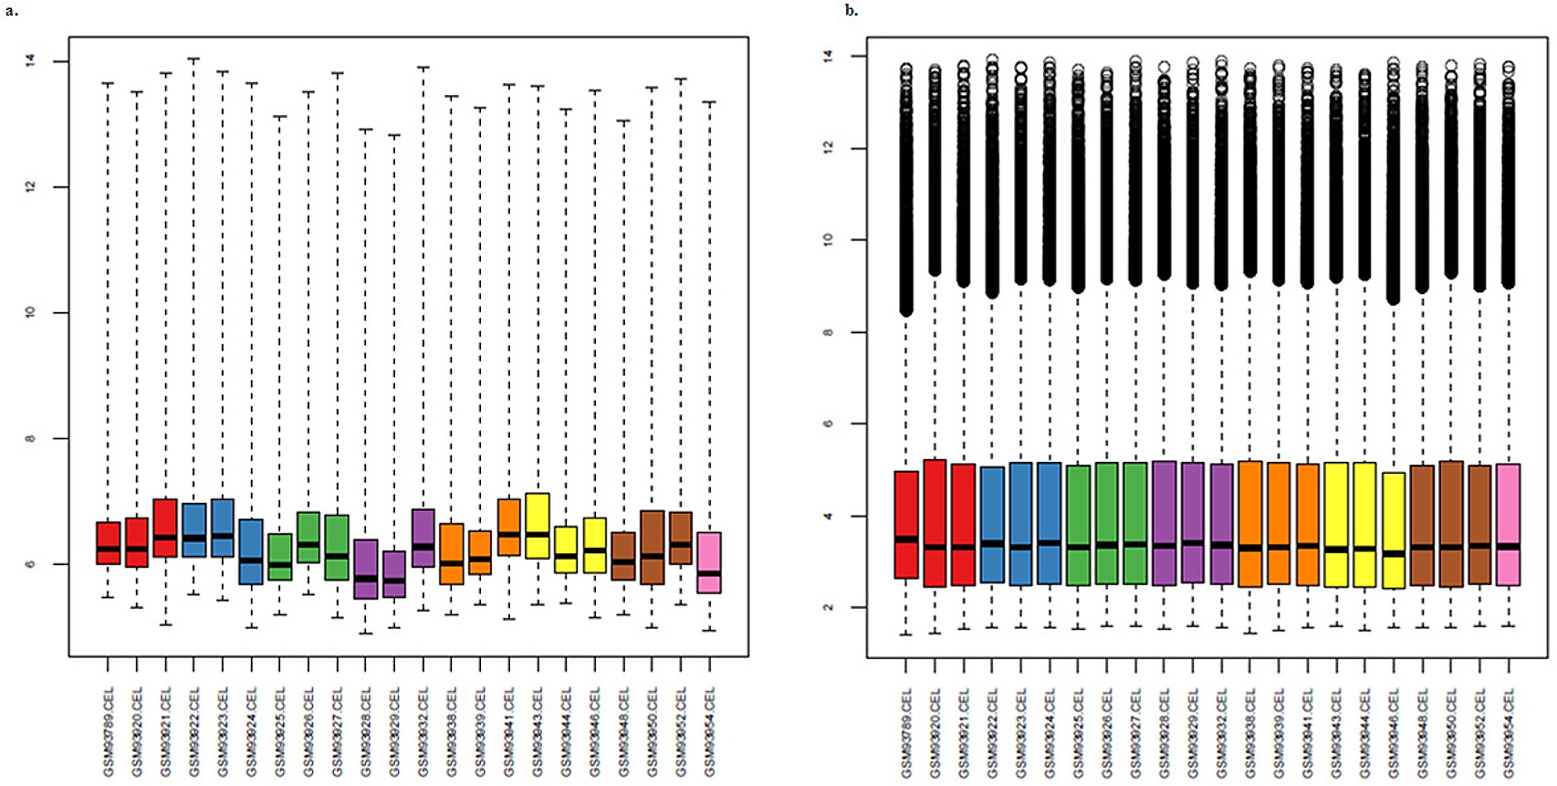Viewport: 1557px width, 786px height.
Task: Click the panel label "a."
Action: point(12,11)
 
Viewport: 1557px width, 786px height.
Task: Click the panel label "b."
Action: point(851,11)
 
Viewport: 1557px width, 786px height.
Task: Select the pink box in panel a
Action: point(709,562)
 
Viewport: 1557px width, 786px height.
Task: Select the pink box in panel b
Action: point(1508,524)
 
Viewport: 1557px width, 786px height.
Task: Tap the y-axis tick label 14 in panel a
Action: point(31,61)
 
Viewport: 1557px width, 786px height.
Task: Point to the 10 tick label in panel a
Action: point(31,312)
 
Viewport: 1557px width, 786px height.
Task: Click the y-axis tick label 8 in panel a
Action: point(31,438)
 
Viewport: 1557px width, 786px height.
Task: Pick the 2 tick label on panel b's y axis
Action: point(828,607)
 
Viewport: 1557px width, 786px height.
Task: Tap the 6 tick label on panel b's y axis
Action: point(828,424)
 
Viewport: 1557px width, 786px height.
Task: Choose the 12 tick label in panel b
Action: point(828,148)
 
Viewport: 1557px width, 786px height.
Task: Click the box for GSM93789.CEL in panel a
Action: point(108,543)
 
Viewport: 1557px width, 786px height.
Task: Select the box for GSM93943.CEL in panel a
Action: point(538,525)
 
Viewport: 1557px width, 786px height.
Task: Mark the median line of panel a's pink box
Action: point(709,573)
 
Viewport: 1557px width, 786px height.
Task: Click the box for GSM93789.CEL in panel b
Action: point(906,524)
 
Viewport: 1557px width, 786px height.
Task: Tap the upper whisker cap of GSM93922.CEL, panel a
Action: point(193,58)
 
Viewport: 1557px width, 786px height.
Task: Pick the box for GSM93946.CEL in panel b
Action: point(1394,529)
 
